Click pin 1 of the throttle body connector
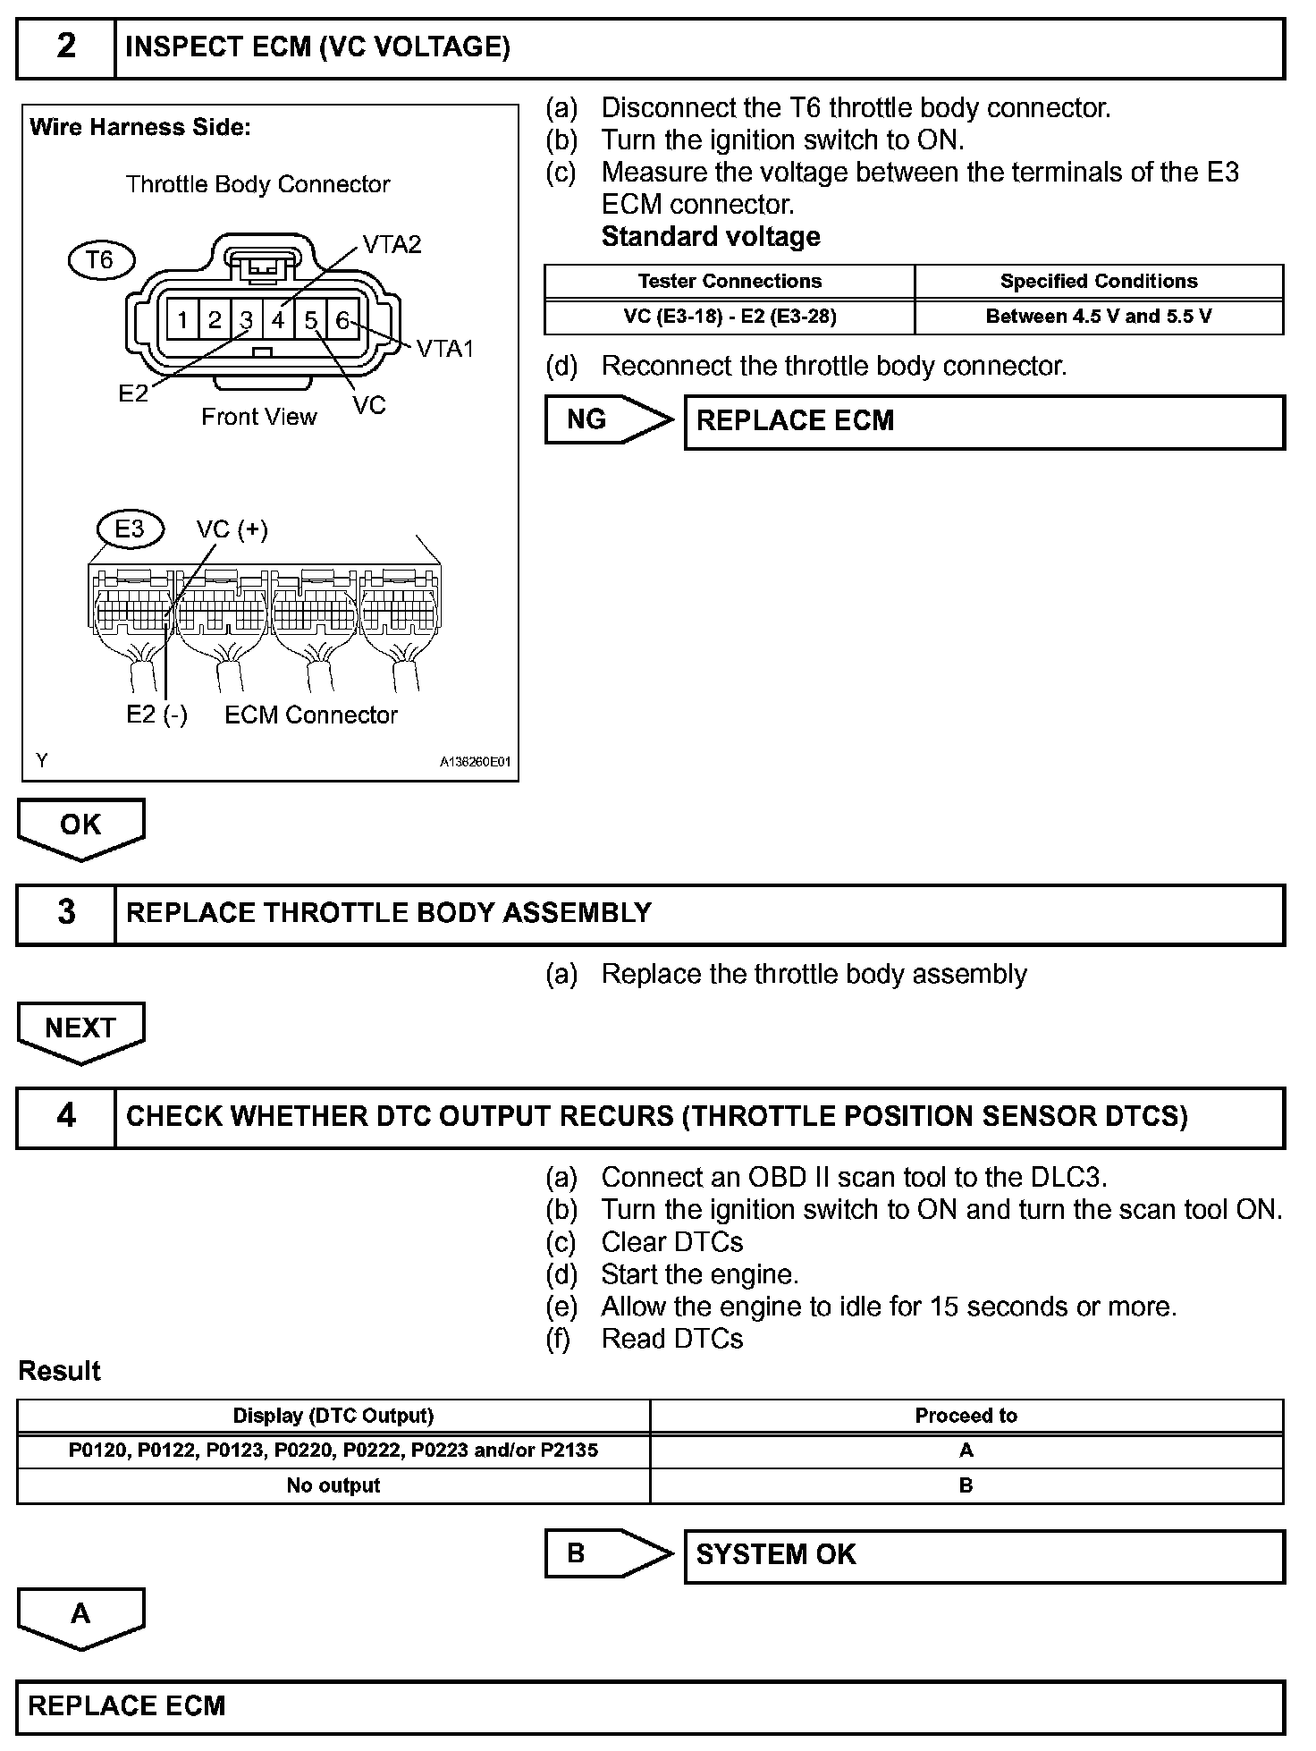coord(182,319)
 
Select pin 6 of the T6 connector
coord(342,319)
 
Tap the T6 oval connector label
coord(101,260)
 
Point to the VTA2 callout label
coord(392,245)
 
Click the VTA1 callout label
coord(445,349)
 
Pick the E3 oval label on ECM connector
coord(130,529)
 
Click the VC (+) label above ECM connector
coord(232,529)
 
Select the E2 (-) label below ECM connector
coord(156,715)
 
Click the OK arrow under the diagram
coord(80,825)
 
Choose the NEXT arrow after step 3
coord(80,1028)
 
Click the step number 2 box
coord(66,47)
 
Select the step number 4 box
coord(66,1116)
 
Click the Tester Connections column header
coord(730,281)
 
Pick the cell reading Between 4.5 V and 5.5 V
coord(1098,317)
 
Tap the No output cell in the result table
coord(333,1485)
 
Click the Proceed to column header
coord(966,1416)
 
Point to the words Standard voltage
coord(711,237)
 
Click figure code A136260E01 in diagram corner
coord(475,762)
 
